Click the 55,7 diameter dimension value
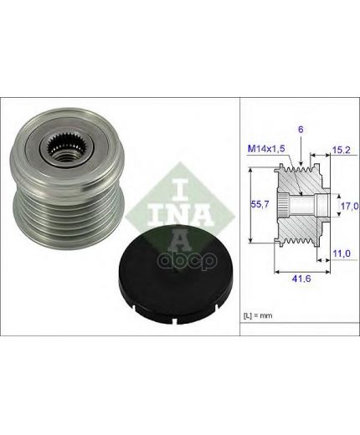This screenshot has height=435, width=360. click(260, 205)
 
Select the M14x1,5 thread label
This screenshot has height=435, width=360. click(266, 149)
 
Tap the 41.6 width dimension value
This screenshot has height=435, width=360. click(301, 278)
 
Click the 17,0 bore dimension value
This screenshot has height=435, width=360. click(350, 206)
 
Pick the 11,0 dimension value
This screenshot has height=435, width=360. click(342, 253)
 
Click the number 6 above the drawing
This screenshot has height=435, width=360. click(301, 130)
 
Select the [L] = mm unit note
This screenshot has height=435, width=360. click(258, 315)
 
